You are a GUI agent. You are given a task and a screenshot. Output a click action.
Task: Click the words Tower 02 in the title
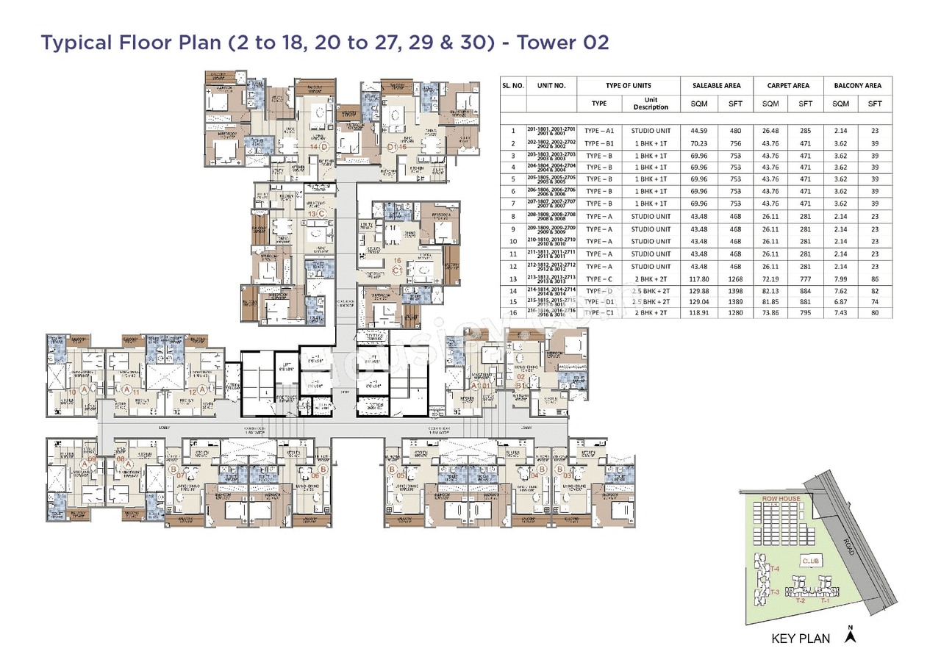563,43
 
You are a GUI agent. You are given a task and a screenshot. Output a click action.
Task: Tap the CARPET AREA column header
789,85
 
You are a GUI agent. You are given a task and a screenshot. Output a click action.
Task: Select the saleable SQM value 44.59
698,131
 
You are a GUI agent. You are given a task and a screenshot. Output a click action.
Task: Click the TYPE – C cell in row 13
598,279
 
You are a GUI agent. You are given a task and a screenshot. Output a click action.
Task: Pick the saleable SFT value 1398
735,292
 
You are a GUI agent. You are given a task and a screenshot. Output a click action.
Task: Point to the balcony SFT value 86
874,279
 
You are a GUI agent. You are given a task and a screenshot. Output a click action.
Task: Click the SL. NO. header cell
513,85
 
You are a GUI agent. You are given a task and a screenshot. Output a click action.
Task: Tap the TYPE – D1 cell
598,301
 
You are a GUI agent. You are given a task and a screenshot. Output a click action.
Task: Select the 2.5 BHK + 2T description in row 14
651,292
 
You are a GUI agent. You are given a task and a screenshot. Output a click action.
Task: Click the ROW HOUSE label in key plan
780,499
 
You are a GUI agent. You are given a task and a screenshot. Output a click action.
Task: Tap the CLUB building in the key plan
811,561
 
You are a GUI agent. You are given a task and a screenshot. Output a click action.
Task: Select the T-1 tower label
824,600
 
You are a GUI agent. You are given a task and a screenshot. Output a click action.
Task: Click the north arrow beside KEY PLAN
851,636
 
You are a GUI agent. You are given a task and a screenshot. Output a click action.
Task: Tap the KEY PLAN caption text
801,639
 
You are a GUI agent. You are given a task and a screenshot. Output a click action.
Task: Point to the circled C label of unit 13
321,214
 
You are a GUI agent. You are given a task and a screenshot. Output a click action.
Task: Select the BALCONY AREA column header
857,85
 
